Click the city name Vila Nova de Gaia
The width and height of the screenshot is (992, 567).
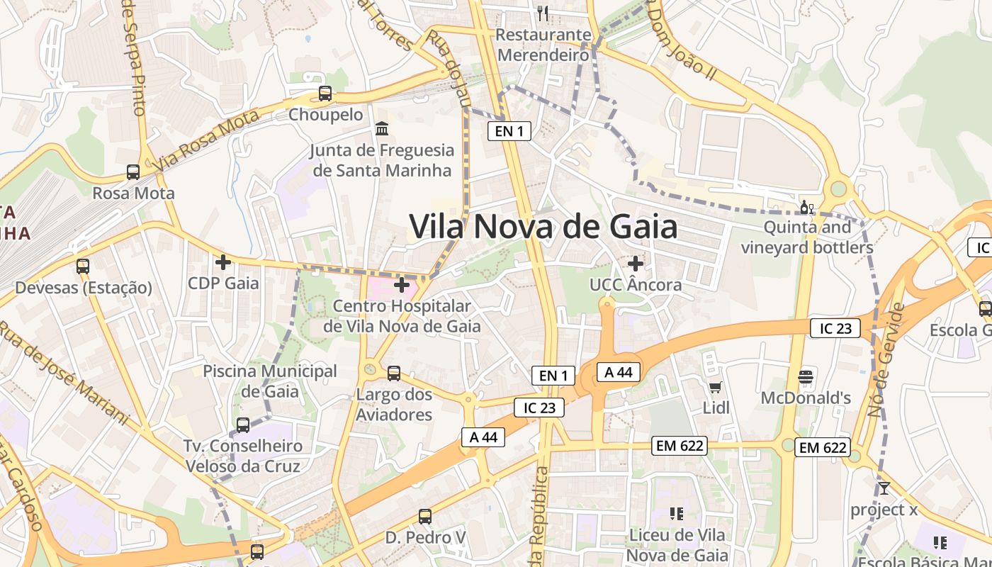[x=543, y=227]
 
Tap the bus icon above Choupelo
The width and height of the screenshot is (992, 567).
[x=325, y=93]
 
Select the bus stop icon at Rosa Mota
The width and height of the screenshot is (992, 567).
[x=133, y=172]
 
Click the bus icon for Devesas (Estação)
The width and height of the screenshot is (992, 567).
[x=83, y=266]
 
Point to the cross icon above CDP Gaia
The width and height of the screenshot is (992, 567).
[x=223, y=262]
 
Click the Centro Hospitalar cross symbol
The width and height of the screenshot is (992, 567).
[x=402, y=285]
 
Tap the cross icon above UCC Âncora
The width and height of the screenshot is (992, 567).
[x=636, y=264]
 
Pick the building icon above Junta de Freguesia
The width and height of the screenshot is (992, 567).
[x=383, y=129]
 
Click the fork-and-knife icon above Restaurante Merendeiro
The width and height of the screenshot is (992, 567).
[x=543, y=13]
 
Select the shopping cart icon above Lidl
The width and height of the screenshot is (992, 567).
[x=716, y=387]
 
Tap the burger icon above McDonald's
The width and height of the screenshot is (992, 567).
[x=806, y=376]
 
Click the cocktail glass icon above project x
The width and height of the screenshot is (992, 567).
[x=884, y=488]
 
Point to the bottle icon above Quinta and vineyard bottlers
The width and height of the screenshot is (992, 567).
[x=805, y=208]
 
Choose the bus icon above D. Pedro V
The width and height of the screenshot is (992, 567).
[x=425, y=517]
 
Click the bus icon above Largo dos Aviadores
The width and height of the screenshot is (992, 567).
[x=394, y=373]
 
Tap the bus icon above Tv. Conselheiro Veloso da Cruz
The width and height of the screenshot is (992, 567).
[x=242, y=425]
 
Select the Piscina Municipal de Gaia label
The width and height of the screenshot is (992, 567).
[x=270, y=381]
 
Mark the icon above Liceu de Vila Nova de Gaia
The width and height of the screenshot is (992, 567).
[x=676, y=513]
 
